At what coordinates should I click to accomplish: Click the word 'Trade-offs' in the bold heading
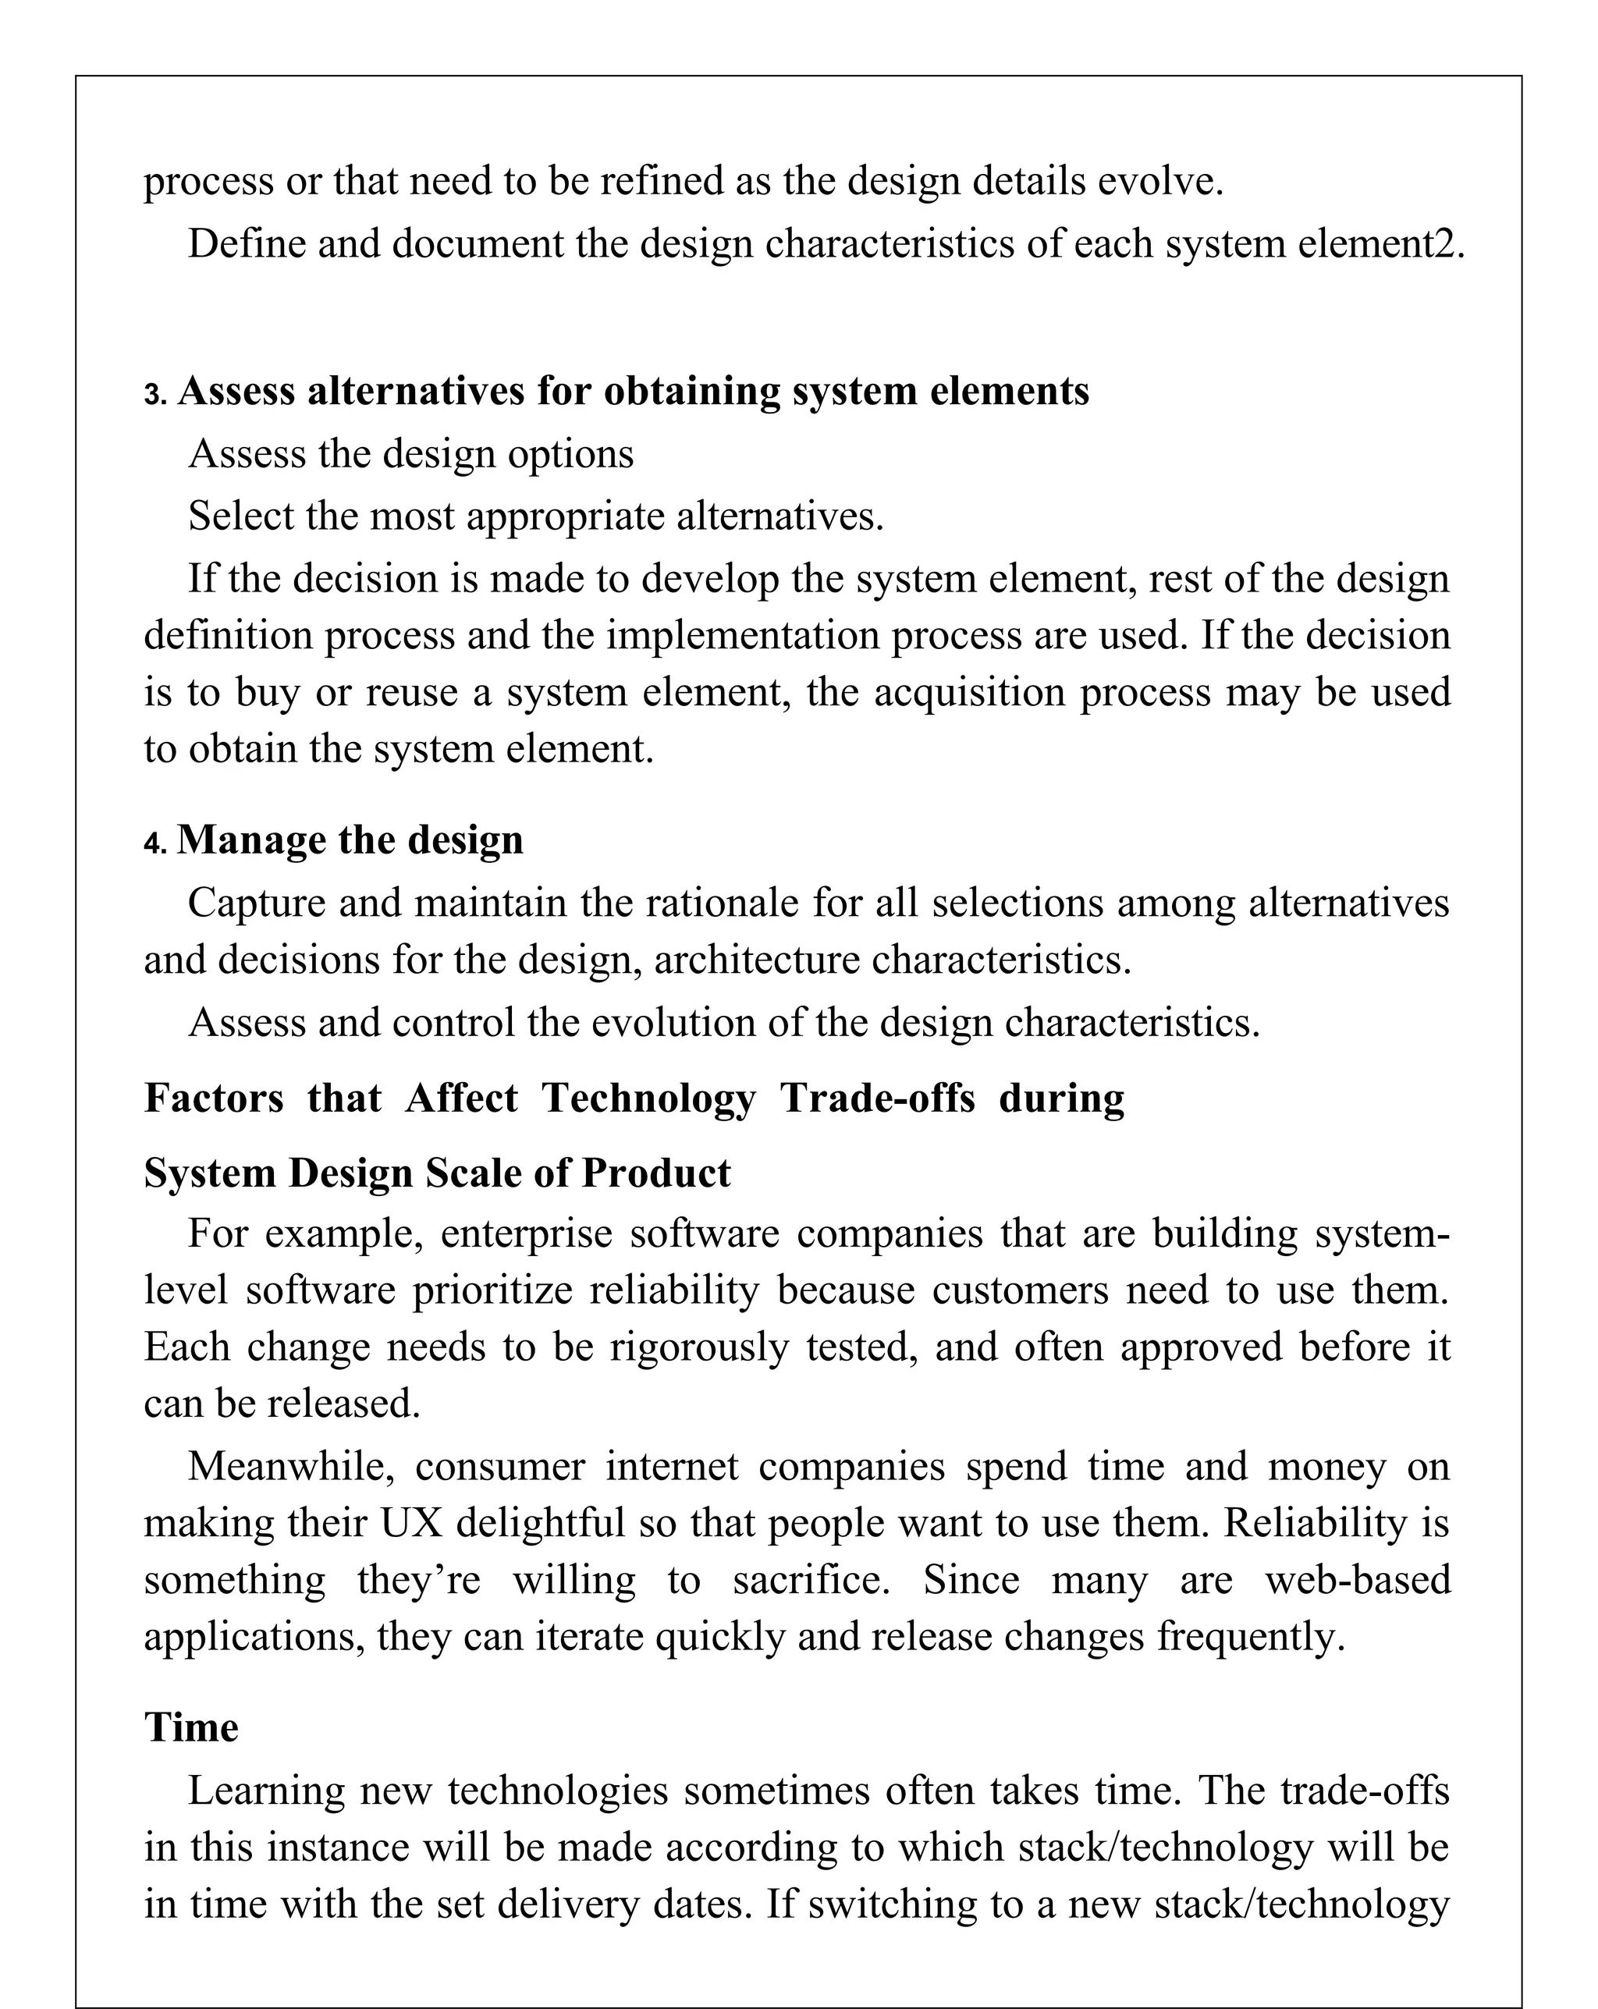[877, 1098]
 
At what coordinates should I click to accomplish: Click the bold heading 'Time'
[191, 1727]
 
